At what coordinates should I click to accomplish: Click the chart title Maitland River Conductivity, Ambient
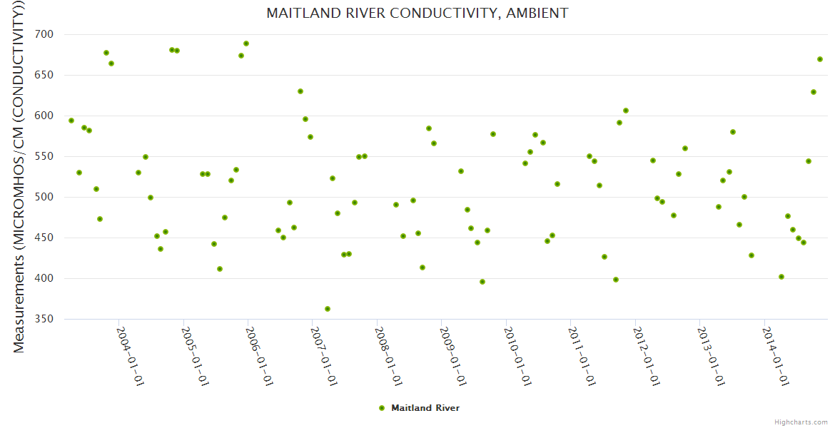pyautogui.click(x=417, y=14)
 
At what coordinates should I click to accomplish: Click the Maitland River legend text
pyautogui.click(x=425, y=408)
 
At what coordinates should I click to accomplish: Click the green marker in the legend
pyautogui.click(x=382, y=408)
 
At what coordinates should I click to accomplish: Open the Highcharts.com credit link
pyautogui.click(x=801, y=422)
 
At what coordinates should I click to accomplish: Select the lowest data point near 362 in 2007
pyautogui.click(x=328, y=309)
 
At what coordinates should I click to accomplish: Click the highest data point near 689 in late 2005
pyautogui.click(x=246, y=44)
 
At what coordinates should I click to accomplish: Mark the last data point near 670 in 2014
pyautogui.click(x=820, y=59)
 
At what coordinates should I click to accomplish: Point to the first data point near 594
pyautogui.click(x=71, y=121)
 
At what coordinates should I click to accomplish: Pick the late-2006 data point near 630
pyautogui.click(x=300, y=91)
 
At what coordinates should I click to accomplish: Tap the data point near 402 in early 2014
pyautogui.click(x=781, y=277)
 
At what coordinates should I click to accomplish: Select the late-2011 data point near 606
pyautogui.click(x=626, y=111)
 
